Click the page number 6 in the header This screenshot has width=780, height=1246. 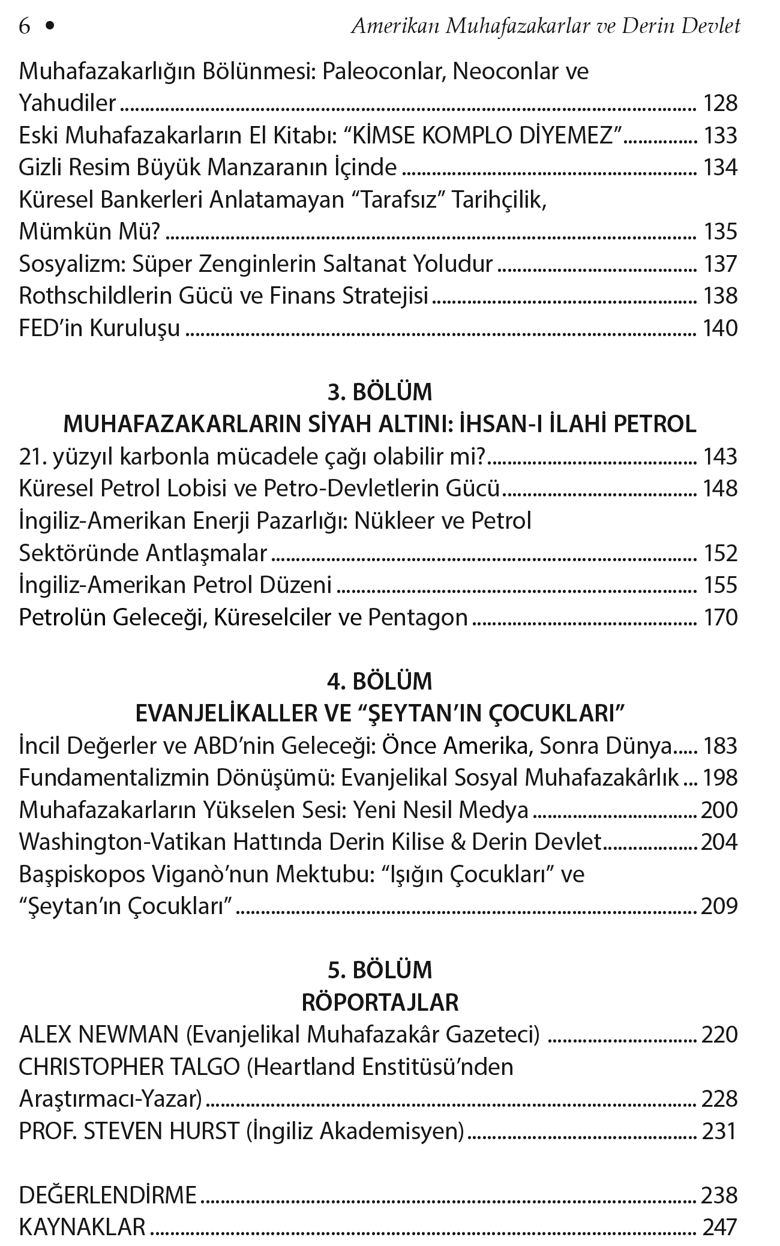25,26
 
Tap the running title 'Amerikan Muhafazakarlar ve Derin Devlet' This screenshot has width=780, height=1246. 545,26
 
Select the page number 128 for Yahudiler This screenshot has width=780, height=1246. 720,104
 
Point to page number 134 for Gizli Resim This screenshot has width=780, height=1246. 720,167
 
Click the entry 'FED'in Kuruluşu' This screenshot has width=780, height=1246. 100,328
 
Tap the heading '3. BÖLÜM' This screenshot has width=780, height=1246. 380,393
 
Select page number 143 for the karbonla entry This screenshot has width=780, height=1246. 720,457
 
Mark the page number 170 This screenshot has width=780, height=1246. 720,618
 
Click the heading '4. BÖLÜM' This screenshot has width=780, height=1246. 380,682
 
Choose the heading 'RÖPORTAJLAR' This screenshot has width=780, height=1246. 380,1003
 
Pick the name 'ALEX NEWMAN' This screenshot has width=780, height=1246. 99,1035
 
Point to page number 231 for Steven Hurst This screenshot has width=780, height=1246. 719,1131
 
